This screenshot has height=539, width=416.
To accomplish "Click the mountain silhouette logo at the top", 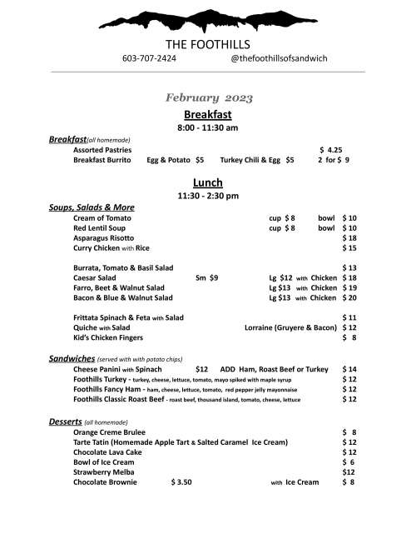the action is [208, 18].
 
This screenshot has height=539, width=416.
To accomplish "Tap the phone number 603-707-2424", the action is [149, 59].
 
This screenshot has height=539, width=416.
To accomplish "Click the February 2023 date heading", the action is [208, 98].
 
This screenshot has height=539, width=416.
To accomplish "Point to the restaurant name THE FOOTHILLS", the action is [208, 44].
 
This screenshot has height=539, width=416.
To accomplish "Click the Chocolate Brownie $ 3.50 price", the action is [181, 482].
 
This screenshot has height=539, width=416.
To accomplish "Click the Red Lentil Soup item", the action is [99, 227].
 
